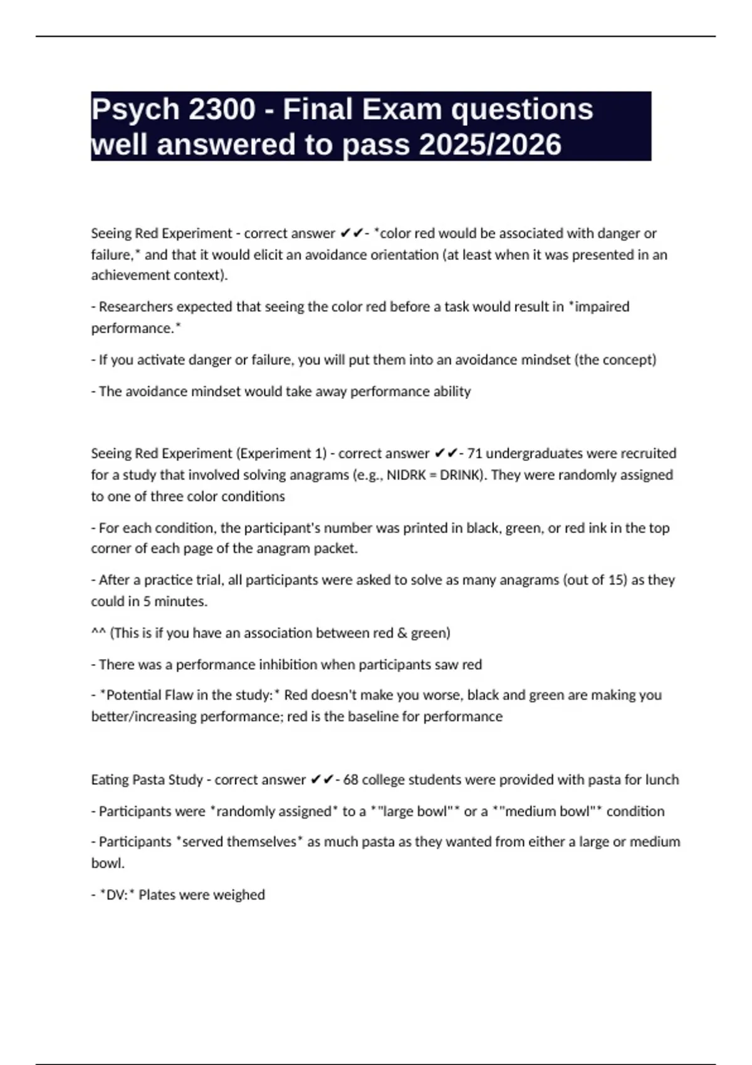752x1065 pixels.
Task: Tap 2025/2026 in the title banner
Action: [x=490, y=145]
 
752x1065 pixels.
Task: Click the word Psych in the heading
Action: [x=135, y=110]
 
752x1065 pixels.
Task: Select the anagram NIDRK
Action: [x=407, y=475]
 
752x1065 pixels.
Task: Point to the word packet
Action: [x=337, y=548]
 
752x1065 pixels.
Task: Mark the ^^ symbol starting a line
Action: [x=98, y=633]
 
